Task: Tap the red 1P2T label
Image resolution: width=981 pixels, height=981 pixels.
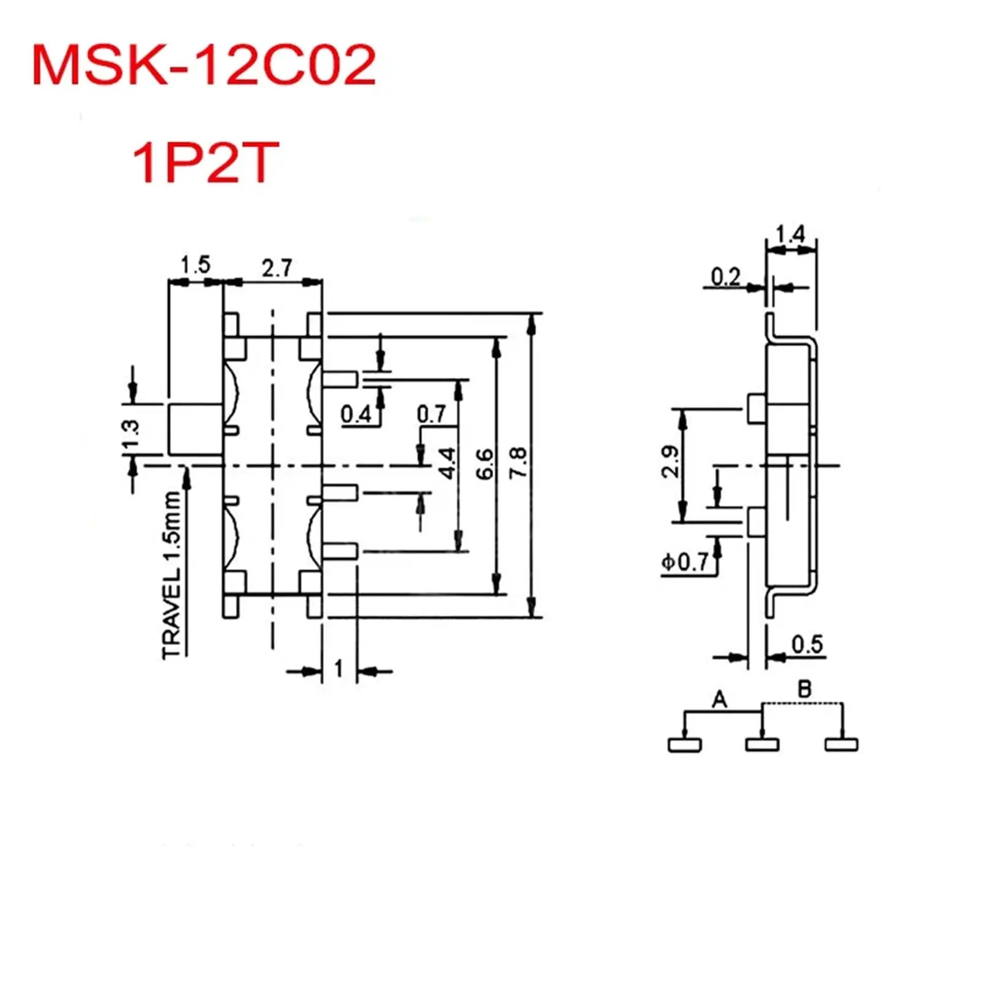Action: pyautogui.click(x=205, y=162)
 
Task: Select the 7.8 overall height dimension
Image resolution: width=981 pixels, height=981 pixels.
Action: pyautogui.click(x=518, y=462)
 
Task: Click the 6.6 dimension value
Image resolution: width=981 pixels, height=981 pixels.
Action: pyautogui.click(x=484, y=464)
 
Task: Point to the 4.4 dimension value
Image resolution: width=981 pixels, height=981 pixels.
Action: pyautogui.click(x=448, y=464)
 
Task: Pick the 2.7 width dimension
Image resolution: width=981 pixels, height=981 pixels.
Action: pyautogui.click(x=277, y=268)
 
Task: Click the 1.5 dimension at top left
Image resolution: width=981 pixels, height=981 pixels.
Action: pyautogui.click(x=195, y=265)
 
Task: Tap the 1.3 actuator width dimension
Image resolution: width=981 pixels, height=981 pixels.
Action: pyautogui.click(x=131, y=435)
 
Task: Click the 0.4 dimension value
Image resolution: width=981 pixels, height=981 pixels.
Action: pyautogui.click(x=356, y=414)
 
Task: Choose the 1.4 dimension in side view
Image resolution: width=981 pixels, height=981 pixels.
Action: pyautogui.click(x=790, y=234)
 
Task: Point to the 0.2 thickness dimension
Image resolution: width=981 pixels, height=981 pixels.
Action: pyautogui.click(x=725, y=277)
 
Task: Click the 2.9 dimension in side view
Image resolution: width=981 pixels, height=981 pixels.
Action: pyautogui.click(x=670, y=462)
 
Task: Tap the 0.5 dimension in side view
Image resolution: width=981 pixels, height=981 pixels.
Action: pyautogui.click(x=807, y=644)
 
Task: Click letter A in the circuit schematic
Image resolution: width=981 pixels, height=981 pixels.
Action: pyautogui.click(x=719, y=699)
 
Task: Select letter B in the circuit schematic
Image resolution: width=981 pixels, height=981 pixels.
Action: pyautogui.click(x=804, y=689)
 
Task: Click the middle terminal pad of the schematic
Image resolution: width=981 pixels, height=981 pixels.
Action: pyautogui.click(x=762, y=745)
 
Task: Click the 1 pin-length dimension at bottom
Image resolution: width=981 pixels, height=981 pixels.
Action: pyautogui.click(x=339, y=668)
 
